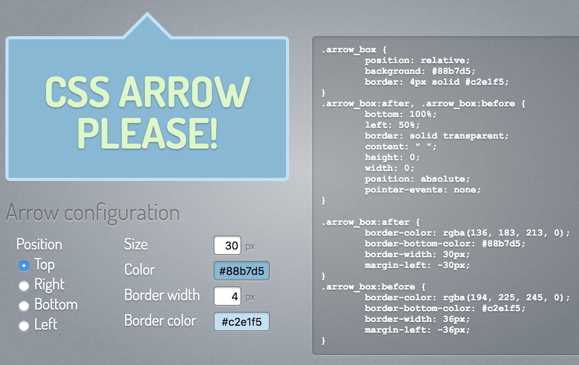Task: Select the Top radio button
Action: (24, 266)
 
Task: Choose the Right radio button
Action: (24, 286)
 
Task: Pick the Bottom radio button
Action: (24, 306)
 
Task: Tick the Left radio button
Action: (24, 326)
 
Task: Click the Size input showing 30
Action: (227, 246)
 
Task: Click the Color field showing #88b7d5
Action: (242, 271)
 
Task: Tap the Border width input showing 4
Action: (227, 296)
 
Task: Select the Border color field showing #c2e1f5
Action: (242, 322)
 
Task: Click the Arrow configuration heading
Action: (93, 213)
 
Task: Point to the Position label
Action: (39, 244)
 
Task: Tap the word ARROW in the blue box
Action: (185, 92)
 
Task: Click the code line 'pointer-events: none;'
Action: (422, 190)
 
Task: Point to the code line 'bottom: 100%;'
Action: (401, 114)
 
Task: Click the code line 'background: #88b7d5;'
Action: (420, 71)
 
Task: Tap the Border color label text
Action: (160, 321)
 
